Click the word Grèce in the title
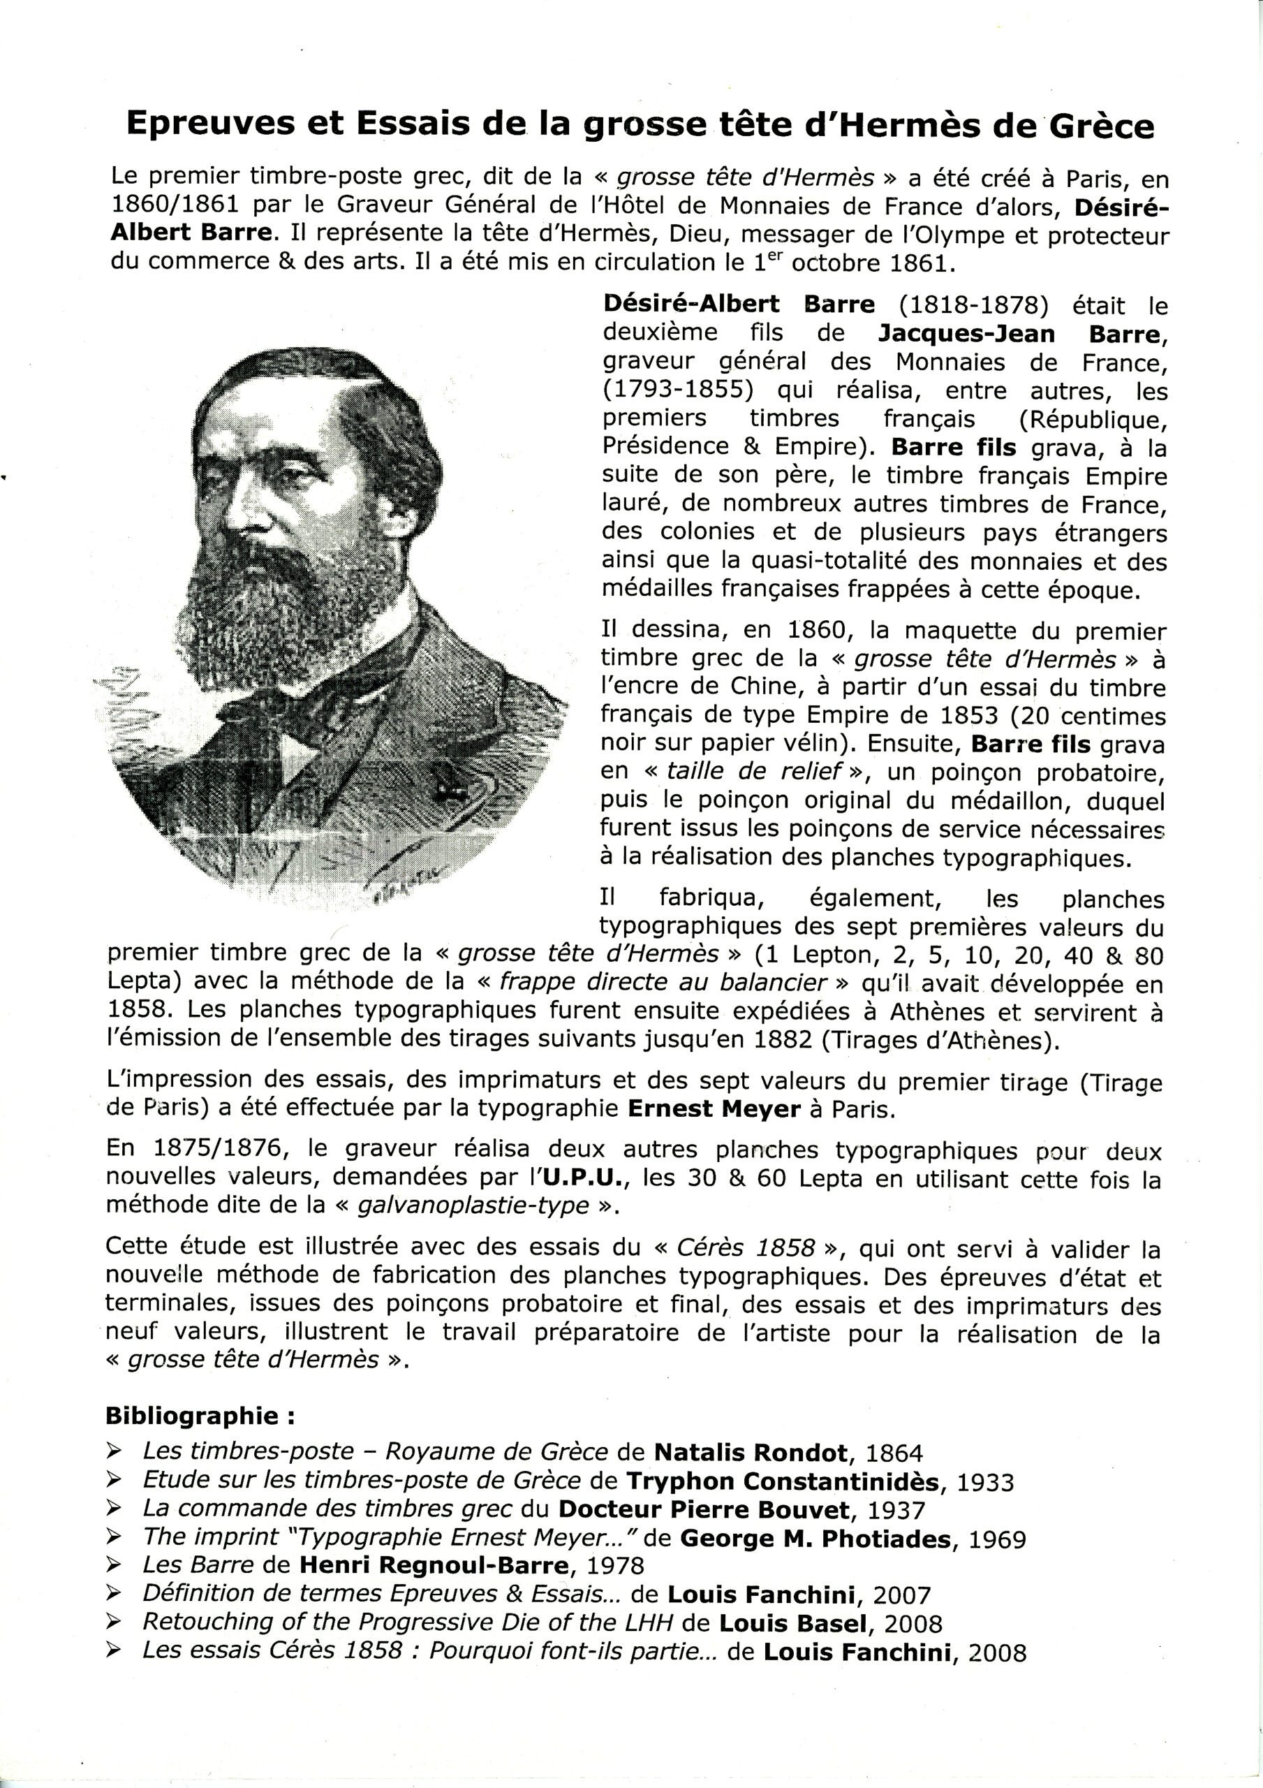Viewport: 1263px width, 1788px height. point(1100,126)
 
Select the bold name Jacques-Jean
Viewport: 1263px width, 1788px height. point(966,334)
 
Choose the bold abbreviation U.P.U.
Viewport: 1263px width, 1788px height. point(582,1179)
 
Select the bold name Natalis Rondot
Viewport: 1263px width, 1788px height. point(751,1454)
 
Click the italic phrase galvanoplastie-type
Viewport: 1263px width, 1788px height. point(473,1206)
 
